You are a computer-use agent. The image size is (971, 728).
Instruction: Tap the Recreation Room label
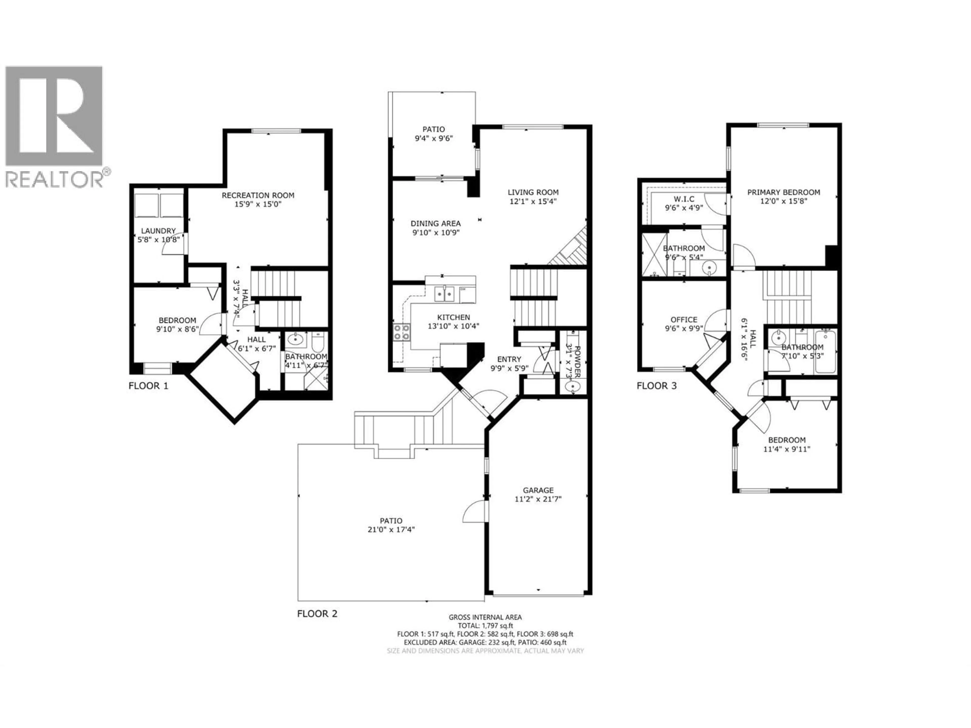click(258, 195)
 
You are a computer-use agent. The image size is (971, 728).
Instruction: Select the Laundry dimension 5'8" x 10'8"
click(159, 240)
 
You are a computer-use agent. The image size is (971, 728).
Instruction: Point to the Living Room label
click(533, 192)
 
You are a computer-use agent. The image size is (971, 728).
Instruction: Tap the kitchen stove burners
click(402, 332)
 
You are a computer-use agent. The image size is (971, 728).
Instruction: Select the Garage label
click(538, 490)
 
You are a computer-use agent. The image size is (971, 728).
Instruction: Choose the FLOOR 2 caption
click(317, 613)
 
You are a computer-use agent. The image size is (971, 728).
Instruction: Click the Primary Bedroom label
click(784, 192)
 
